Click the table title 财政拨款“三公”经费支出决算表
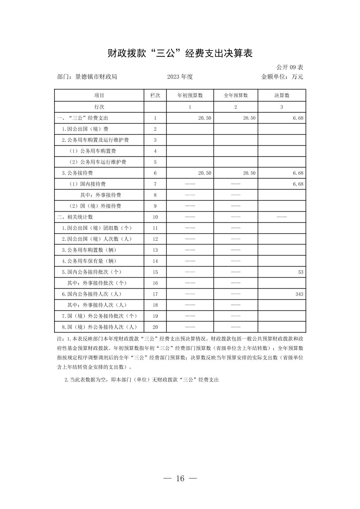point(180,53)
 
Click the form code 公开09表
point(290,67)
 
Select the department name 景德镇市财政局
point(96,77)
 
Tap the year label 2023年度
point(180,77)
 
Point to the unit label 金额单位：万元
point(282,77)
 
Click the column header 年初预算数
point(190,95)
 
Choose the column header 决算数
point(282,95)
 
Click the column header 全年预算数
point(236,95)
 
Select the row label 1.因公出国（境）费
point(85,129)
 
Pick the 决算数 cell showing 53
point(300,272)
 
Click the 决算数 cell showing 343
point(299,294)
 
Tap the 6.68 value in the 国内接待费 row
point(298,184)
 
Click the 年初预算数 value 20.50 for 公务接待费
point(204,173)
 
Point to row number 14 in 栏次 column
point(155,261)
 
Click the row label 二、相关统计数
point(75,217)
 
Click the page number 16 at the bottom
point(180,479)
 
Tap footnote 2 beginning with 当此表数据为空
point(141,380)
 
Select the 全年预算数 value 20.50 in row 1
point(249,118)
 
